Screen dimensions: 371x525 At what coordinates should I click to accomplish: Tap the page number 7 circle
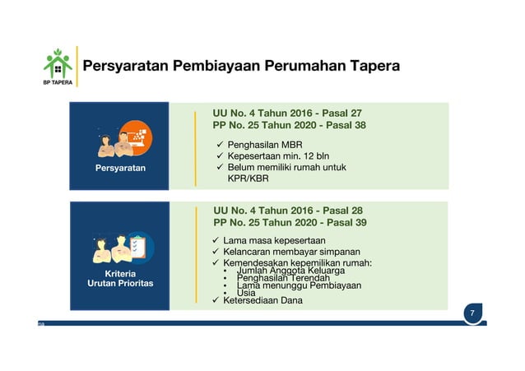pyautogui.click(x=472, y=314)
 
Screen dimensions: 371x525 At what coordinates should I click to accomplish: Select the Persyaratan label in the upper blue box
pyautogui.click(x=119, y=168)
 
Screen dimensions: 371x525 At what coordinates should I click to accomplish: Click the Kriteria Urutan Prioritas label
pyautogui.click(x=119, y=278)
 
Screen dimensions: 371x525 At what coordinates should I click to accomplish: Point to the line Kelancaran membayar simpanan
pyautogui.click(x=291, y=252)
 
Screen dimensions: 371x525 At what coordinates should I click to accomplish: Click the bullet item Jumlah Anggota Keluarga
pyautogui.click(x=290, y=271)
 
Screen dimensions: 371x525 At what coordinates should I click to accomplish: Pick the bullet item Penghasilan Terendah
pyautogui.click(x=282, y=278)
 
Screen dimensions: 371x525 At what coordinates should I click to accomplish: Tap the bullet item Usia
pyautogui.click(x=245, y=293)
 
